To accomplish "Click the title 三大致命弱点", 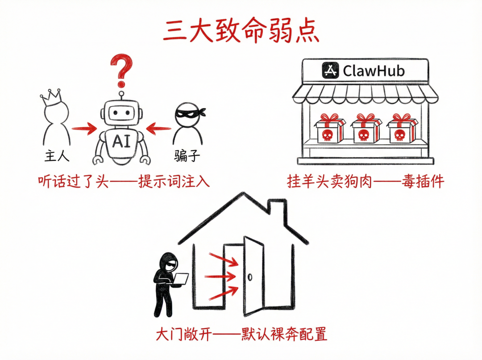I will [241, 30].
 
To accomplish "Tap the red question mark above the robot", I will [121, 69].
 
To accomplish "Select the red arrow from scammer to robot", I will [158, 130].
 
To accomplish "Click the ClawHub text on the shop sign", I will [374, 70].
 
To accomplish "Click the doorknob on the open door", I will [251, 276].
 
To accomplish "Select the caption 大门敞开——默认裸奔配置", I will [241, 334].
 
